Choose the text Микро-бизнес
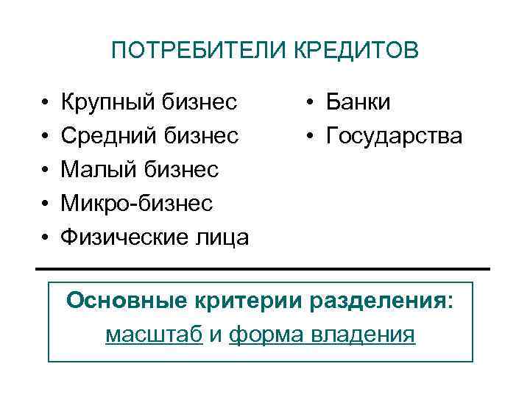pyautogui.click(x=137, y=203)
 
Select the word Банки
pyautogui.click(x=358, y=102)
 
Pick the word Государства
pyautogui.click(x=395, y=136)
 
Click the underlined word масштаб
pyautogui.click(x=154, y=335)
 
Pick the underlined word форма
pyautogui.click(x=261, y=335)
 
